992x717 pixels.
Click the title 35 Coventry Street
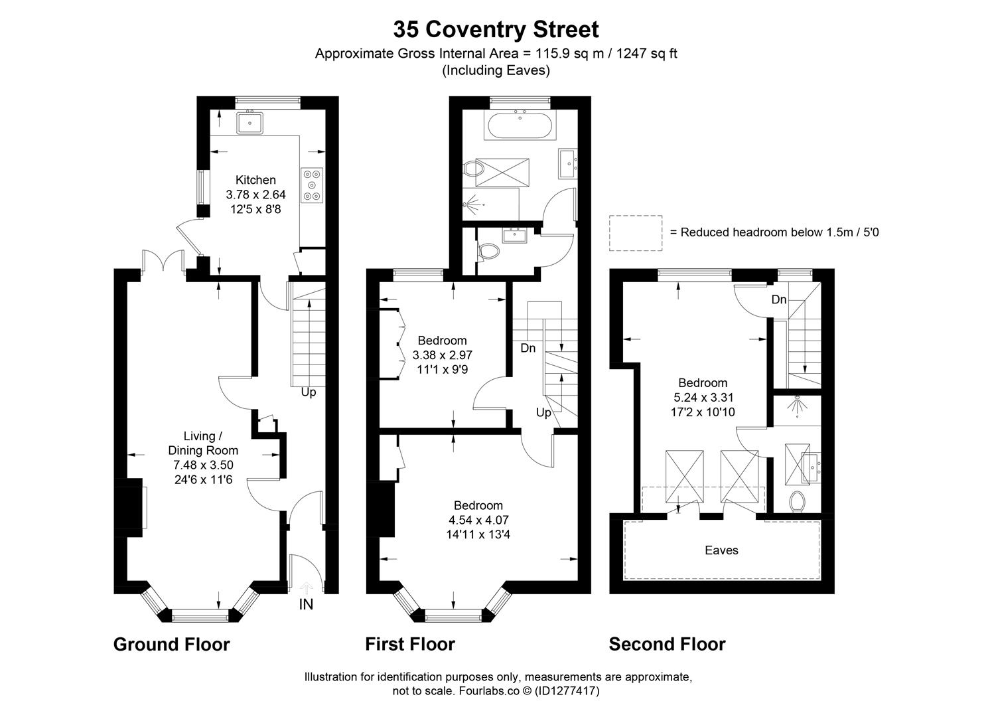pyautogui.click(x=496, y=29)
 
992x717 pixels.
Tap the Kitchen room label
pyautogui.click(x=255, y=180)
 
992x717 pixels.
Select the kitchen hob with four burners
pyautogui.click(x=312, y=184)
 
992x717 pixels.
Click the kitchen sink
pyautogui.click(x=250, y=123)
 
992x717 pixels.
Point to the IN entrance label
pyautogui.click(x=306, y=604)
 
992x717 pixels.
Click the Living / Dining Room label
pyautogui.click(x=203, y=443)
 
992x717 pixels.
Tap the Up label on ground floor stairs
pyautogui.click(x=309, y=392)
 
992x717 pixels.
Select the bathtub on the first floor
pyautogui.click(x=520, y=126)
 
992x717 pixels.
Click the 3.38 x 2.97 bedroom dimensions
pyautogui.click(x=442, y=355)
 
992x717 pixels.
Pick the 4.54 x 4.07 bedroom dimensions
pyautogui.click(x=478, y=520)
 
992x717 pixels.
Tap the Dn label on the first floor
pyautogui.click(x=528, y=348)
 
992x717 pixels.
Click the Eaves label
pyautogui.click(x=721, y=550)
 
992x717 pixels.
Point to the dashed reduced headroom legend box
pyautogui.click(x=636, y=233)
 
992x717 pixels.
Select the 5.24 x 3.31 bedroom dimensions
pyautogui.click(x=703, y=398)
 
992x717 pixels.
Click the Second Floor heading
pyautogui.click(x=667, y=644)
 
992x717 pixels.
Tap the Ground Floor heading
pyautogui.click(x=171, y=644)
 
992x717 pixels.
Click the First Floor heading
pyautogui.click(x=409, y=644)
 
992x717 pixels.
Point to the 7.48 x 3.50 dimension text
pyautogui.click(x=203, y=465)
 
